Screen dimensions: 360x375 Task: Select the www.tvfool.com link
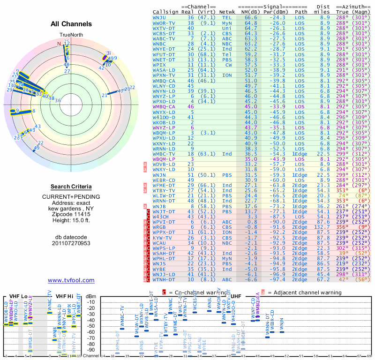pos(71,280)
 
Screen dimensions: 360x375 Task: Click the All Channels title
pos(71,24)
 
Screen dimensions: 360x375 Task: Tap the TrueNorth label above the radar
pos(71,35)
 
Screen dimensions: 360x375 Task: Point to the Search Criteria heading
pos(71,187)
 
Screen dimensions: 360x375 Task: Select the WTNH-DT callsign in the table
pos(165,280)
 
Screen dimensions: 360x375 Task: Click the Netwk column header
pos(227,11)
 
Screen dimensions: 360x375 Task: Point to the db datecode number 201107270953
pos(71,243)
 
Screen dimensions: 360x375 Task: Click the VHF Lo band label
pos(18,296)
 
